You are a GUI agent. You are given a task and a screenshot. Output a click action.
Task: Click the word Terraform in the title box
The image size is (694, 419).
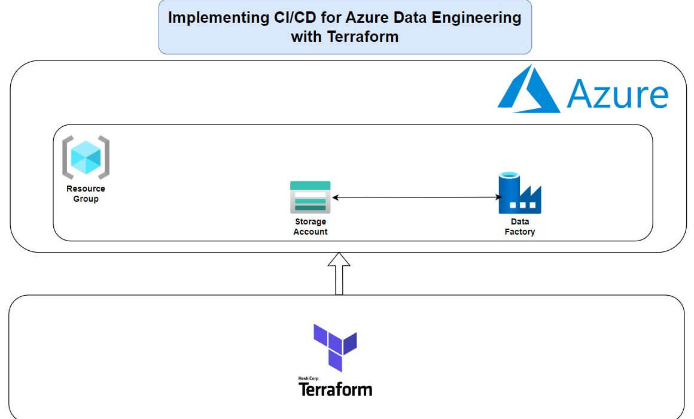tap(363, 37)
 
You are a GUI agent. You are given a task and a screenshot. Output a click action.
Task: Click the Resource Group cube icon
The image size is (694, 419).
tap(86, 157)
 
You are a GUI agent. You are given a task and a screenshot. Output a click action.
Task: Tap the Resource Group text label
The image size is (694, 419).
tap(86, 193)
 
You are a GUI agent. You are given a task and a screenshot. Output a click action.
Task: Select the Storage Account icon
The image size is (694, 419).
tap(311, 197)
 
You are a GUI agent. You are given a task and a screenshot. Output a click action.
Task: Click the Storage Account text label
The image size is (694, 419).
tap(311, 226)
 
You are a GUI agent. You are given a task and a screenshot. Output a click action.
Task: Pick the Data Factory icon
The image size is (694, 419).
tap(520, 193)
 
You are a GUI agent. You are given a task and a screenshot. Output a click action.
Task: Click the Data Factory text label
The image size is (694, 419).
tap(520, 226)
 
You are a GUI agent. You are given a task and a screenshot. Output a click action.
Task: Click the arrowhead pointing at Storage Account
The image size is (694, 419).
tap(335, 198)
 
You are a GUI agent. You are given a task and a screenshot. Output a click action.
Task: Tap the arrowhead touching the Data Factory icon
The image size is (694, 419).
tap(498, 198)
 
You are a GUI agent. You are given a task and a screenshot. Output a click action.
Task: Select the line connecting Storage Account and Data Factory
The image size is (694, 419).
tap(416, 198)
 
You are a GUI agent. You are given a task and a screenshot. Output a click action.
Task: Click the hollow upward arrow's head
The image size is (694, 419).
tap(339, 260)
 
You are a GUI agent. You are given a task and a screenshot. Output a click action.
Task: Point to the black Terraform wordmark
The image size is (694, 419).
tap(336, 389)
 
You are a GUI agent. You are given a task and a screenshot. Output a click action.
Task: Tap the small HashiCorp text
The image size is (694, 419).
tap(309, 378)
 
